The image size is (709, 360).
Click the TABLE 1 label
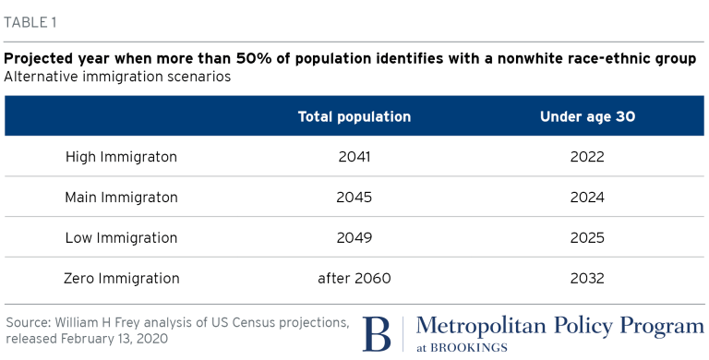click(x=30, y=22)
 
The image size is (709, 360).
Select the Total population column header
click(x=354, y=116)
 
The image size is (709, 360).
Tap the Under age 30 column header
click(x=587, y=116)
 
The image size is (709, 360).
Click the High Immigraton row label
click(x=121, y=157)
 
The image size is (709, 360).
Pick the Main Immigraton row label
click(x=121, y=198)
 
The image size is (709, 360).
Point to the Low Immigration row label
click(x=121, y=238)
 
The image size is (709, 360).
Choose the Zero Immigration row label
click(x=121, y=278)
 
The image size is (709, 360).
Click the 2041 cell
click(x=354, y=157)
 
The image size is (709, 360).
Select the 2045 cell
click(x=354, y=198)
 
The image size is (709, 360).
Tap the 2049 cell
click(x=354, y=238)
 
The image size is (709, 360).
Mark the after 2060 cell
click(x=354, y=278)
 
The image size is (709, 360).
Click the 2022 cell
click(x=587, y=157)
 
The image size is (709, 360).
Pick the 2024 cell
click(x=587, y=198)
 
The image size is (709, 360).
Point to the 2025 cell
click(x=587, y=238)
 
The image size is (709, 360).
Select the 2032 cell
click(x=587, y=278)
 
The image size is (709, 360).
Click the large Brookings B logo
click(x=377, y=334)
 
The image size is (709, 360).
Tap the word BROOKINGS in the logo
click(x=468, y=348)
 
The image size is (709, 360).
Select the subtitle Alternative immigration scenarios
click(x=117, y=77)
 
